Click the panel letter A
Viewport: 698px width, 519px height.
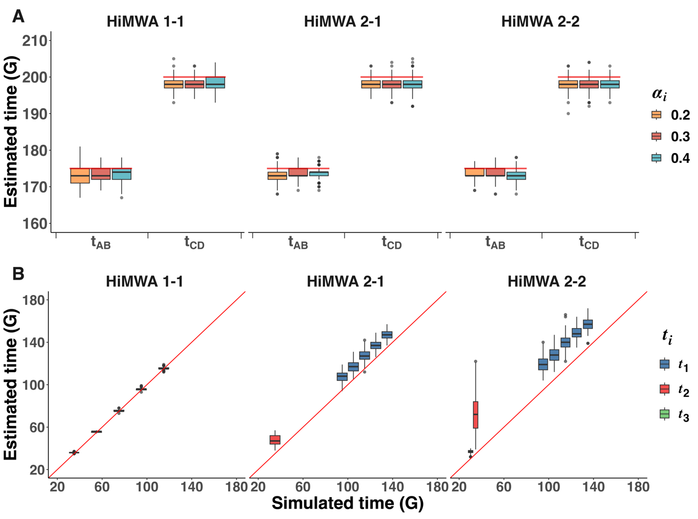click(18, 16)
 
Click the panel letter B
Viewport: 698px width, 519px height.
click(18, 274)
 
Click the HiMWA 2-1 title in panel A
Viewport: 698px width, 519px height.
click(342, 21)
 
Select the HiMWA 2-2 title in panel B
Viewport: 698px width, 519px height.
click(547, 281)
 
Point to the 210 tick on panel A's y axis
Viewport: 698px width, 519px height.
click(35, 41)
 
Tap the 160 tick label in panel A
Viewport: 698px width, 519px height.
click(35, 224)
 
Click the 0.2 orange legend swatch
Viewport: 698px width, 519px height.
click(656, 114)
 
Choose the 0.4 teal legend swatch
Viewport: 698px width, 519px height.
click(656, 158)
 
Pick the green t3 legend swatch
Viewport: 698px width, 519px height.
click(664, 414)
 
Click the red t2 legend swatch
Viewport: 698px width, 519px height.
click(664, 389)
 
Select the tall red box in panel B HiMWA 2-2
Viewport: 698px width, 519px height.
click(475, 415)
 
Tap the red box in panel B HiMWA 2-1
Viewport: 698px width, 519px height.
click(275, 440)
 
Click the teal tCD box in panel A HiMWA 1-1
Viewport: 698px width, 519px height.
click(215, 83)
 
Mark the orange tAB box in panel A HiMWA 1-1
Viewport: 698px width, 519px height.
click(80, 176)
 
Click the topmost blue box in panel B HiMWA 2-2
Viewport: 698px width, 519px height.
click(588, 324)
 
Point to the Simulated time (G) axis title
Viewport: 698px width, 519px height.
click(348, 502)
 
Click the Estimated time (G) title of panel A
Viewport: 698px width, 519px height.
click(10, 132)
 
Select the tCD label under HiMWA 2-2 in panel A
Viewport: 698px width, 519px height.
click(589, 243)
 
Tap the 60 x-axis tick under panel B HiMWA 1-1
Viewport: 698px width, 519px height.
click(102, 487)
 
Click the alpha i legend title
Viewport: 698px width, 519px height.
click(659, 94)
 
